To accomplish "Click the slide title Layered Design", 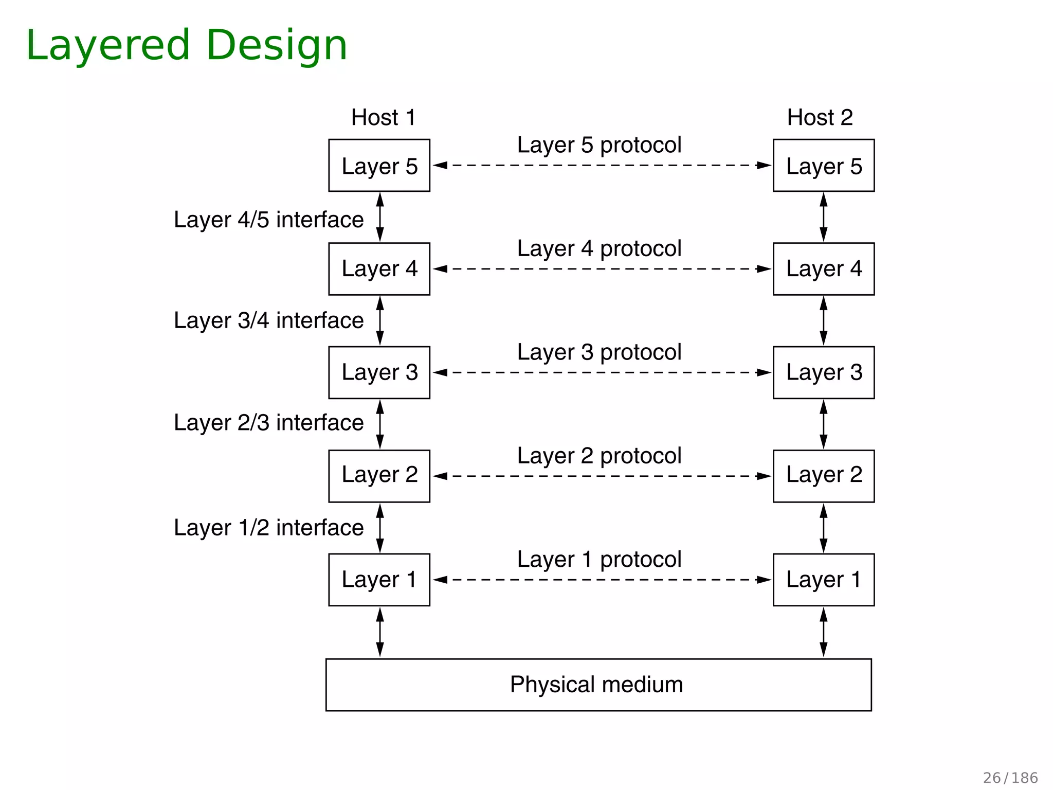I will (x=186, y=45).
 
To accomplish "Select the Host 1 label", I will (x=383, y=117).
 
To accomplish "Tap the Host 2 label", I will (x=820, y=117).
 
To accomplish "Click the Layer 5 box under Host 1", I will (x=379, y=166).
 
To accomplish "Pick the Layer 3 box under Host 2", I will (x=823, y=372).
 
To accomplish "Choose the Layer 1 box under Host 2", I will (x=823, y=580).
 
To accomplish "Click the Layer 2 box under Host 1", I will (x=379, y=476).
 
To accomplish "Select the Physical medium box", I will (x=598, y=685).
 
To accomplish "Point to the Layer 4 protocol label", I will (x=599, y=248).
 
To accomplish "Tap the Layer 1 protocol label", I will (x=599, y=559).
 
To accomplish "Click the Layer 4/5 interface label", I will (x=268, y=220).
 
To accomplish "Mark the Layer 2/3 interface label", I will (x=268, y=423).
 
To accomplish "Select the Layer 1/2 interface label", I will (x=268, y=528).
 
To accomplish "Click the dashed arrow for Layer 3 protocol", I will (x=602, y=372).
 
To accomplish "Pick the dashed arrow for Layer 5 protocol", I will (x=602, y=166).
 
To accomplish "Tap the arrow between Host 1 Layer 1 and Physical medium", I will (x=380, y=632).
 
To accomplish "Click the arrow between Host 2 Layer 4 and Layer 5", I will (x=823, y=217).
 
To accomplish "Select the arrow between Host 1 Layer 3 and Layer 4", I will (x=380, y=320).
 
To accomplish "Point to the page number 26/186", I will (x=1010, y=778).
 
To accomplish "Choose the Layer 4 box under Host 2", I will (x=823, y=269).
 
